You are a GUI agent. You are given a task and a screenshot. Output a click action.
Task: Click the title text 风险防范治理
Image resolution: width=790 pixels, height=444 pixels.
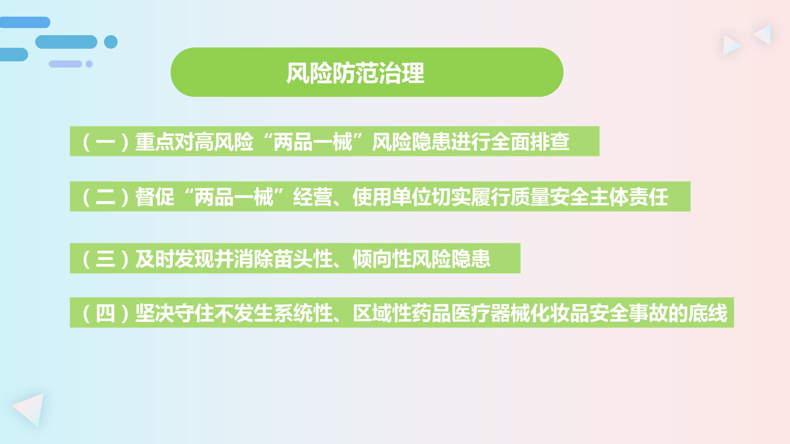[x=355, y=73]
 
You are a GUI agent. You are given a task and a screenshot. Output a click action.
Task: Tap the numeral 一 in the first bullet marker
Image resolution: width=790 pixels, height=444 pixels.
[x=106, y=142]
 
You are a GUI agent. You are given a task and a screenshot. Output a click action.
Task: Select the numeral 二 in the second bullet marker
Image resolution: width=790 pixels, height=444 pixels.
[x=106, y=197]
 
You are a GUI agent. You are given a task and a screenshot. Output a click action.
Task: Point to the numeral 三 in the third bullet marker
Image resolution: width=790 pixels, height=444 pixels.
[x=106, y=259]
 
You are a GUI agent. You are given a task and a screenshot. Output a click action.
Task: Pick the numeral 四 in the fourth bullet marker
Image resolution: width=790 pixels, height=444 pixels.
[x=106, y=314]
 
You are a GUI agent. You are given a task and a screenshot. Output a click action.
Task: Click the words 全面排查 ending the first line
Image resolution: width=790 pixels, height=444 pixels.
[x=530, y=142]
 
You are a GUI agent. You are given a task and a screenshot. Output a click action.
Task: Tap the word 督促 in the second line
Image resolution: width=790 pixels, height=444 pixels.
[x=155, y=197]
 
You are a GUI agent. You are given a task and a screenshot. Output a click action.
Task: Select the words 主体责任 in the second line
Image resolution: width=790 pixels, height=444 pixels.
[x=629, y=197]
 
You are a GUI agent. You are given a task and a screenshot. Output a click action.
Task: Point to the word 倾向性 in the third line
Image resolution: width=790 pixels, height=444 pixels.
[x=382, y=259]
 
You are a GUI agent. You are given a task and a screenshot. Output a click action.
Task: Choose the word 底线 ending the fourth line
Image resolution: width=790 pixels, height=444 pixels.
[x=708, y=313]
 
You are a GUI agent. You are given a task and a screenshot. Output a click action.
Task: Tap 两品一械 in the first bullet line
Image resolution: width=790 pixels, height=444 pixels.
[x=313, y=142]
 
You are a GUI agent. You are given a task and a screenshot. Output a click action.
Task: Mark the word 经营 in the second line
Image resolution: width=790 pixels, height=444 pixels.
[x=313, y=197]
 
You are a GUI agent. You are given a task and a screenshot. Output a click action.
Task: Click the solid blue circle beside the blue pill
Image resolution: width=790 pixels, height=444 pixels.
[x=111, y=42]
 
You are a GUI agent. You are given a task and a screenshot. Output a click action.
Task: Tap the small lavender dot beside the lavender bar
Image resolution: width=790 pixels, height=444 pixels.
[x=89, y=64]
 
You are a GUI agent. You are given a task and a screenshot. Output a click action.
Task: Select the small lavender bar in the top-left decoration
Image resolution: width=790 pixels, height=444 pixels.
[x=65, y=64]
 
